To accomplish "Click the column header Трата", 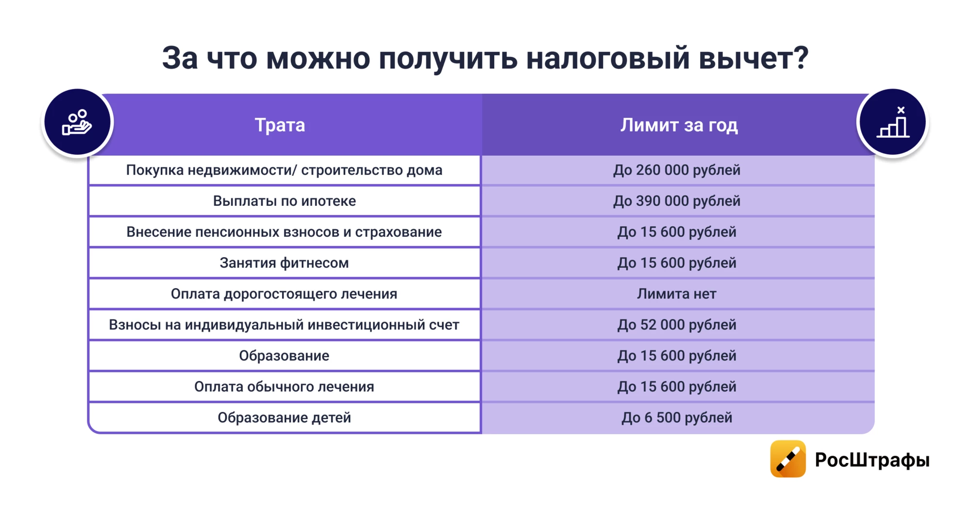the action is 280,125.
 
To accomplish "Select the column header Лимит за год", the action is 679,125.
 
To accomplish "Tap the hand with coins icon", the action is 77,122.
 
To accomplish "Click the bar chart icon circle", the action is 893,122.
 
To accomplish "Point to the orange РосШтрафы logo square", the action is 788,459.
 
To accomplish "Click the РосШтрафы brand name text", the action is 872,460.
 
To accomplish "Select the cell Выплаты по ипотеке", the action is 285,201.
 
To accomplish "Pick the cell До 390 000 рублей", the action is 677,201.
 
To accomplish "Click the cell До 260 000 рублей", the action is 677,170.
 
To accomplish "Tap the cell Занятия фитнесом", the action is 285,263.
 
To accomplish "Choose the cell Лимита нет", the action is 677,294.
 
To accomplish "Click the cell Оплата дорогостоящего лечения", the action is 285,294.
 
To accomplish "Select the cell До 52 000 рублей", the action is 677,325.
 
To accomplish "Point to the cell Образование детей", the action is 285,417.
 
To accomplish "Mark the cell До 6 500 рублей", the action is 677,417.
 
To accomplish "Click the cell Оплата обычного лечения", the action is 285,387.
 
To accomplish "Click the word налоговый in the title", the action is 608,58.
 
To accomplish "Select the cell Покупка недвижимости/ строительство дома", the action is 285,170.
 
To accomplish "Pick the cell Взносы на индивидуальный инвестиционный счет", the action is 285,325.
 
